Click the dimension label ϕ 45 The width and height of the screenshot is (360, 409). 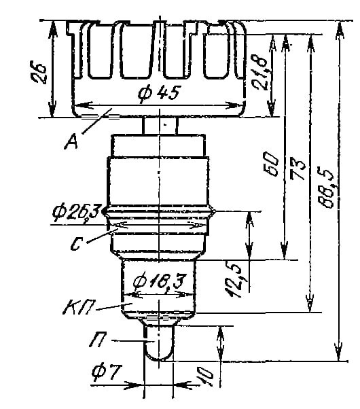click(x=158, y=94)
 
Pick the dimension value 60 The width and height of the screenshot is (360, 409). click(x=270, y=164)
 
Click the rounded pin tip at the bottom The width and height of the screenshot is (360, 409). click(x=160, y=353)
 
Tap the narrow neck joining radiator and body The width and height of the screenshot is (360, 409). click(x=160, y=126)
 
